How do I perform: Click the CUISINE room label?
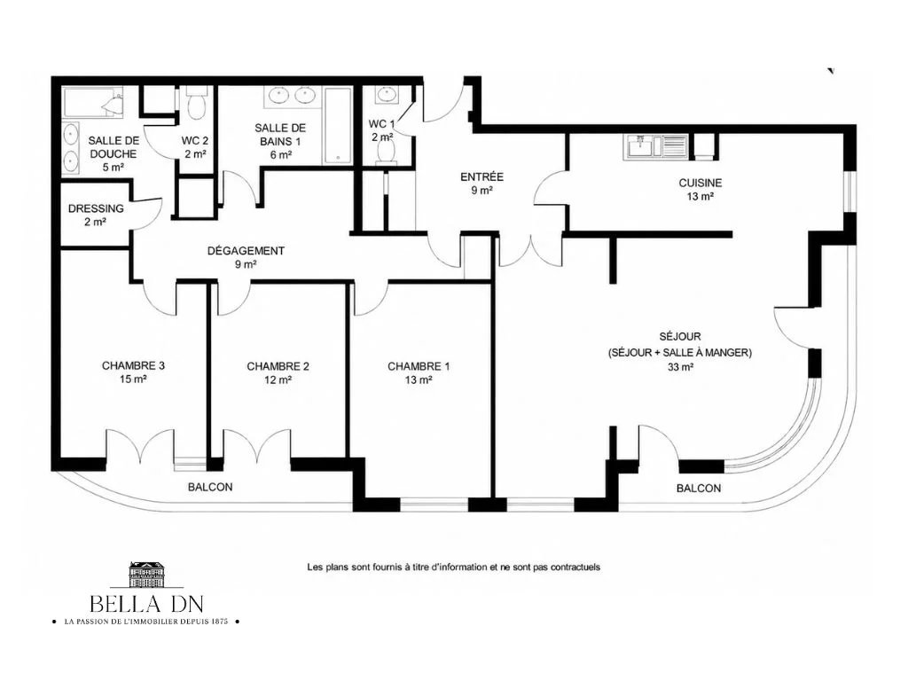(701, 183)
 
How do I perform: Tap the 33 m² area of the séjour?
(680, 366)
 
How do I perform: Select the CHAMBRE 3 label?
(133, 365)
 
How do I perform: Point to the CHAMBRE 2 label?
(278, 366)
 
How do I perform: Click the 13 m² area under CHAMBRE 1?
(419, 380)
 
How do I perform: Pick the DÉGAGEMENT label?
(247, 251)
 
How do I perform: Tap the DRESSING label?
(96, 208)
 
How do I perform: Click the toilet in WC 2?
(196, 103)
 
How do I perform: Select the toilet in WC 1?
(385, 153)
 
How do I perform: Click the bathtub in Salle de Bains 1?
(338, 126)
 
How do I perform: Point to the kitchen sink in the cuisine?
(655, 147)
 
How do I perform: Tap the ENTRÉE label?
(481, 176)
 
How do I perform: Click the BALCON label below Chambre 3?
(210, 488)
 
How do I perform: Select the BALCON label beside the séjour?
(699, 489)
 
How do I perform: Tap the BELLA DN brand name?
(146, 605)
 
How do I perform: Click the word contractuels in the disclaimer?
(575, 567)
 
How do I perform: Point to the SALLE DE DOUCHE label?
(113, 147)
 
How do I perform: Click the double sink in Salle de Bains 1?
(291, 96)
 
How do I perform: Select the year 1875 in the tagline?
(220, 622)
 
